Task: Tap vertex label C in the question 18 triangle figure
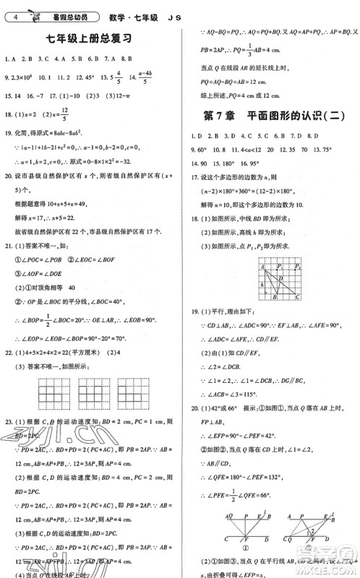tap(299, 298)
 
